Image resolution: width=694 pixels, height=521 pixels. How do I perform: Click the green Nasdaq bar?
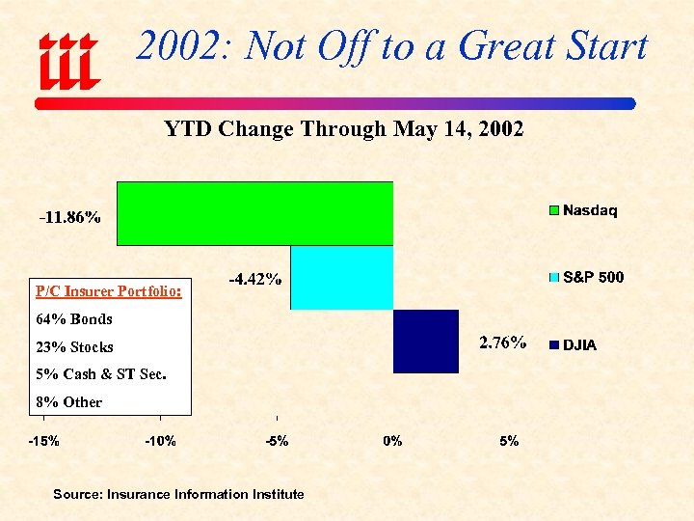254,213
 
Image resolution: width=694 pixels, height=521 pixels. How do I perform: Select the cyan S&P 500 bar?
341,278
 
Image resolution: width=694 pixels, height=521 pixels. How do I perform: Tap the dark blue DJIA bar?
425,341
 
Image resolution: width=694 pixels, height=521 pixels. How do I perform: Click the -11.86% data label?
69,217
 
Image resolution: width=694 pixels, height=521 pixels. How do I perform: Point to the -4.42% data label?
254,280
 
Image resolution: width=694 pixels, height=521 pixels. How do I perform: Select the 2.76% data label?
502,343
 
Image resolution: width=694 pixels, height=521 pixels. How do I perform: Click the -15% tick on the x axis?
42,441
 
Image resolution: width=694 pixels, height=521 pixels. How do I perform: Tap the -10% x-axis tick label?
160,441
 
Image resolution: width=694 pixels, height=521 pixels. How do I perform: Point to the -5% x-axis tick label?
277,441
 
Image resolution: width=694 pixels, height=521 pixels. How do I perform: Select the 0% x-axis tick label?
392,441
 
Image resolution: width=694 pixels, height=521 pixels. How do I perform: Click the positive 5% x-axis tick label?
509,441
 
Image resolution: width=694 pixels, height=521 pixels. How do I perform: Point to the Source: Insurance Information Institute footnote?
178,494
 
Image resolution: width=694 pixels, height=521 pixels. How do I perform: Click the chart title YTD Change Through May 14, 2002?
343,129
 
